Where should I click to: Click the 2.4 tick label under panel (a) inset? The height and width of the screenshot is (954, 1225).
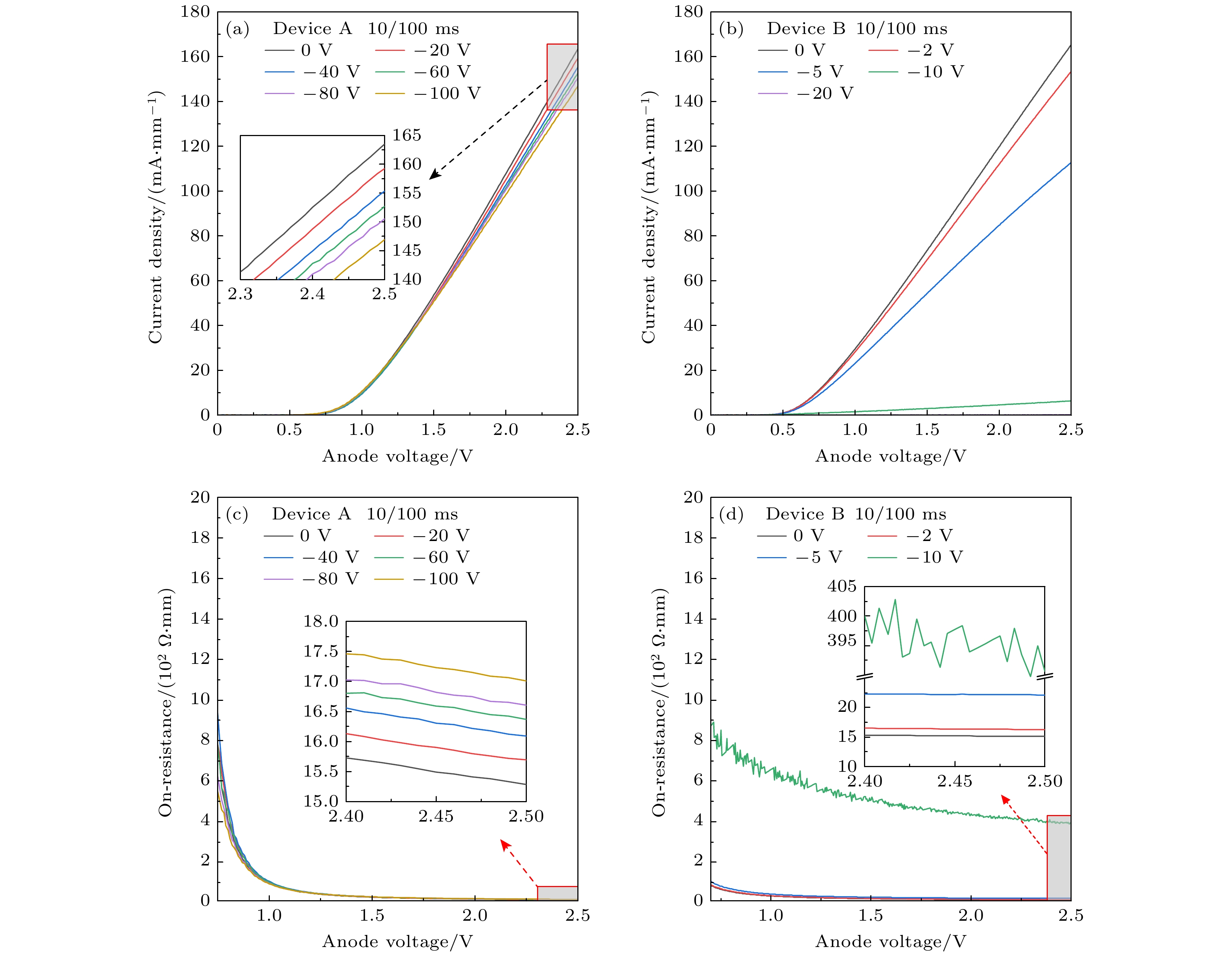pyautogui.click(x=312, y=294)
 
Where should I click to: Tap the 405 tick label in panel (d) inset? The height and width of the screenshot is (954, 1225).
pyautogui.click(x=842, y=586)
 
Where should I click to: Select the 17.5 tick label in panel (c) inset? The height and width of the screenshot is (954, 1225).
pyautogui.click(x=321, y=651)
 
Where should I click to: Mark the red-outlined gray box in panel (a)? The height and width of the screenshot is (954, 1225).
pyautogui.click(x=562, y=77)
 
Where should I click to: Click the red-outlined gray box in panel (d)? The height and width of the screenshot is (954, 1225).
pyautogui.click(x=1059, y=857)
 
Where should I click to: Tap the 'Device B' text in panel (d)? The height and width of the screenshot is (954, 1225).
pyautogui.click(x=805, y=514)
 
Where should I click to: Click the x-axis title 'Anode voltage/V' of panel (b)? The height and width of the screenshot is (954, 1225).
pyautogui.click(x=890, y=456)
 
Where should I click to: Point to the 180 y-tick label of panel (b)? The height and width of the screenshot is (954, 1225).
pyautogui.click(x=688, y=12)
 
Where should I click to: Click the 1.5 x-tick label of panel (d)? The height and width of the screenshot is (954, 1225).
pyautogui.click(x=871, y=915)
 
